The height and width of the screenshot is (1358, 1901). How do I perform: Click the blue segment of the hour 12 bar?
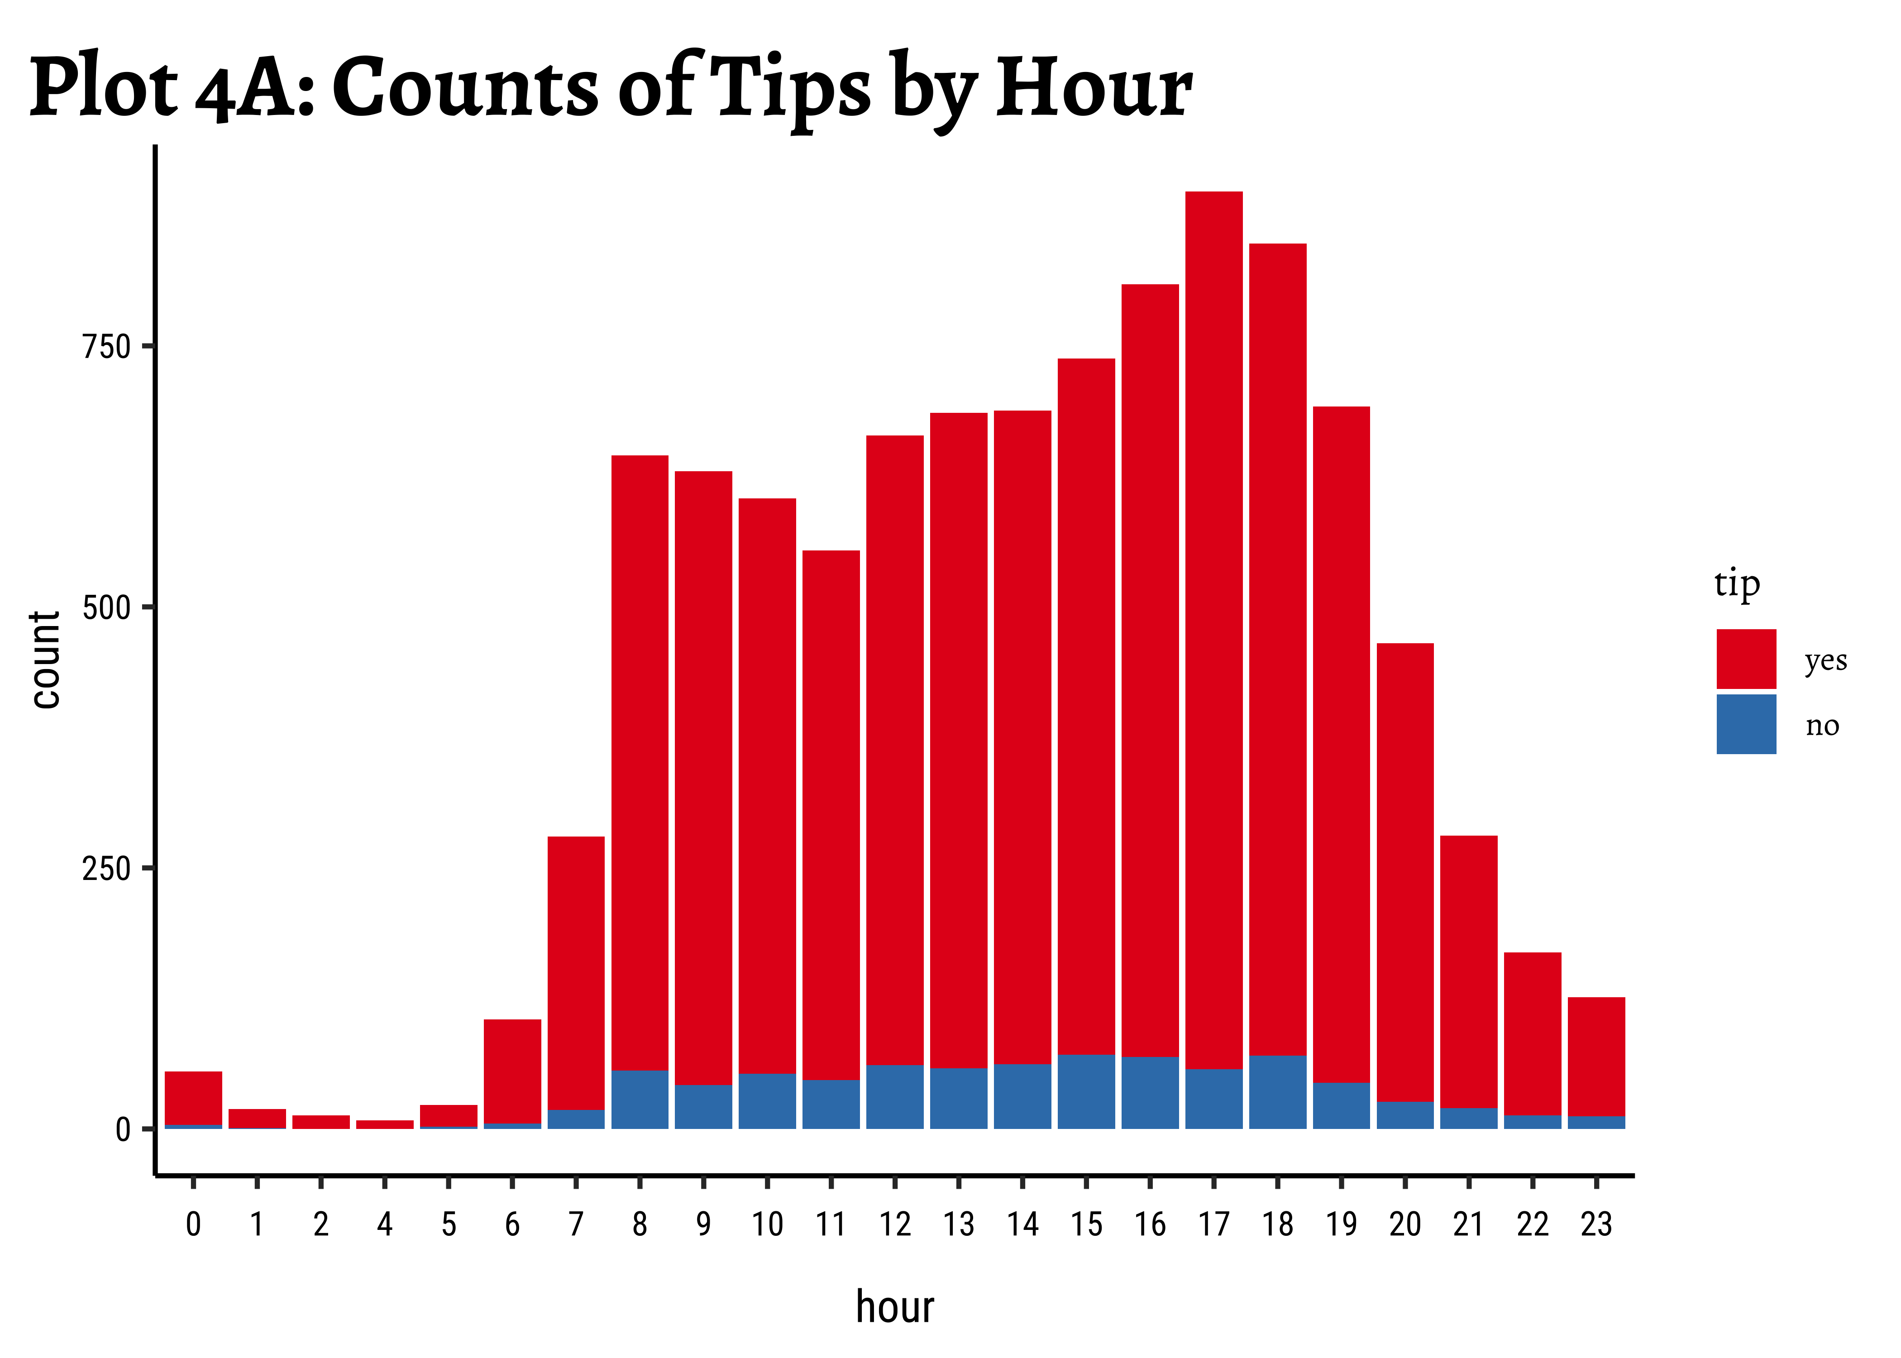[894, 1096]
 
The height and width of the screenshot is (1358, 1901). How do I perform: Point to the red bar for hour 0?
[193, 1097]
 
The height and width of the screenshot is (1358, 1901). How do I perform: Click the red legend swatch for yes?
[1745, 658]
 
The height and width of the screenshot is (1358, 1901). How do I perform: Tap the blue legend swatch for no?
[1745, 723]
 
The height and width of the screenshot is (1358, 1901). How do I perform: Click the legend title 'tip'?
[1736, 583]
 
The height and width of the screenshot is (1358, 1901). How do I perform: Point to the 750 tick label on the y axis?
[107, 346]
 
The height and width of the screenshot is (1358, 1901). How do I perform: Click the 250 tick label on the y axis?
[107, 869]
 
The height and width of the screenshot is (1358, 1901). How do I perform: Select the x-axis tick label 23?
[1596, 1224]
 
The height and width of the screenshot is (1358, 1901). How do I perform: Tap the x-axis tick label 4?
[385, 1224]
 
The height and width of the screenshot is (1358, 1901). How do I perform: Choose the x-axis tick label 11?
[831, 1224]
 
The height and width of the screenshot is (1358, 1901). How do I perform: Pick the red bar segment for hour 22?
[1532, 1033]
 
